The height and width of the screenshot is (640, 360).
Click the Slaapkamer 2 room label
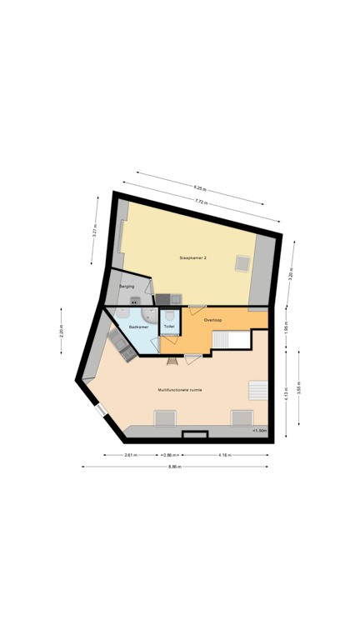pyautogui.click(x=192, y=258)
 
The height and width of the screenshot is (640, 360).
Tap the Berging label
pyautogui.click(x=127, y=287)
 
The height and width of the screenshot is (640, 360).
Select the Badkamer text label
pyautogui.click(x=138, y=327)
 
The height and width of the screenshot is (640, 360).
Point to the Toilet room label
pyautogui.click(x=169, y=327)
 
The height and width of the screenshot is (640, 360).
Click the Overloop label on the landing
pyautogui.click(x=212, y=320)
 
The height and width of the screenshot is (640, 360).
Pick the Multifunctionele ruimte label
pyautogui.click(x=180, y=389)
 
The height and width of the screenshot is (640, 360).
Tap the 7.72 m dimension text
pyautogui.click(x=201, y=202)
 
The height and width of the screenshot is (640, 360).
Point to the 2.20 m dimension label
pyautogui.click(x=61, y=330)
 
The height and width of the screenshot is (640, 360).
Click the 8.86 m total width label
pyautogui.click(x=174, y=467)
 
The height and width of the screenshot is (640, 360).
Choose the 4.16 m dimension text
pyautogui.click(x=225, y=455)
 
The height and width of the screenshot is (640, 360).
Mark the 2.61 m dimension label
pyautogui.click(x=131, y=455)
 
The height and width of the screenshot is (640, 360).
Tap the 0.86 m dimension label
pyautogui.click(x=169, y=455)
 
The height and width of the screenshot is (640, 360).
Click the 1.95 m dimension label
pyautogui.click(x=285, y=327)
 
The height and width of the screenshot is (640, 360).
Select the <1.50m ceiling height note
pyautogui.click(x=260, y=430)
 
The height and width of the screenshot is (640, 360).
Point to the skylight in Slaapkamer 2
pyautogui.click(x=242, y=263)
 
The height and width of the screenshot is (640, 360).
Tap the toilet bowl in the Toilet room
pyautogui.click(x=169, y=316)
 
